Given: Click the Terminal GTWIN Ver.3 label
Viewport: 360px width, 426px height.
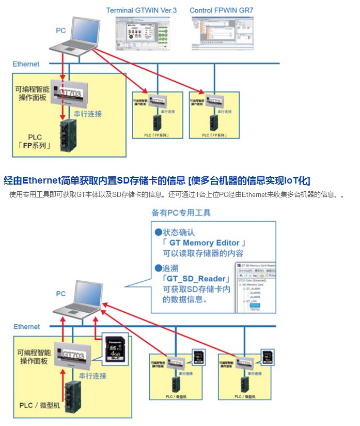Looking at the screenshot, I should [x=141, y=10].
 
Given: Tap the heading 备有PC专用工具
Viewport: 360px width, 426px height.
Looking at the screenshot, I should [x=181, y=212].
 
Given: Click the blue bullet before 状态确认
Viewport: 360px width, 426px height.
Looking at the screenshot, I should [x=158, y=232].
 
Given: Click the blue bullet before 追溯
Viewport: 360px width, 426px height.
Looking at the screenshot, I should [x=158, y=268].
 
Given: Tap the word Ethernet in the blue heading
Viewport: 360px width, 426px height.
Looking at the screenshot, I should [x=42, y=180].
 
